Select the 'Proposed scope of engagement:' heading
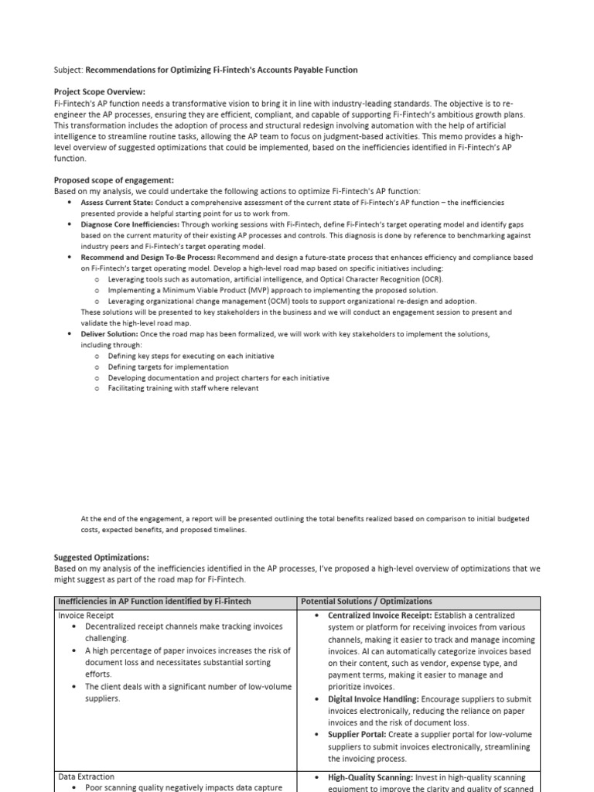click(114, 180)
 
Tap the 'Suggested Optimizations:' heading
click(101, 557)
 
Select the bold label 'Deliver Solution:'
click(110, 333)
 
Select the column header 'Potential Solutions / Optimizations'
click(367, 601)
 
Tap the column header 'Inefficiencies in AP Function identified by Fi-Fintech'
click(155, 601)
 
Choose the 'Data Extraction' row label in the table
click(87, 777)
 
